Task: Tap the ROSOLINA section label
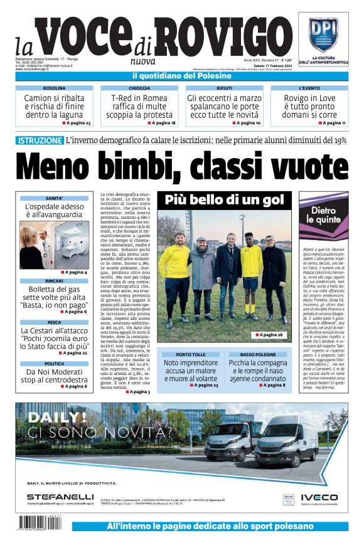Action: [54, 88]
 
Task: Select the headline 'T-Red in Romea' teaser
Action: [139, 107]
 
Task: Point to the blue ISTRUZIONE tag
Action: [40, 140]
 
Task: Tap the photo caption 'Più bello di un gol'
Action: [223, 200]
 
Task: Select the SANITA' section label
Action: [54, 198]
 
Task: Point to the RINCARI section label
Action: [54, 280]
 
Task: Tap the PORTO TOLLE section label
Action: [190, 354]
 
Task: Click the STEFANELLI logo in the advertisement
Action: [60, 496]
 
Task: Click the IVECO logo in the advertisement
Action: [323, 497]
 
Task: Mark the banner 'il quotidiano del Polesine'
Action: [182, 76]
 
